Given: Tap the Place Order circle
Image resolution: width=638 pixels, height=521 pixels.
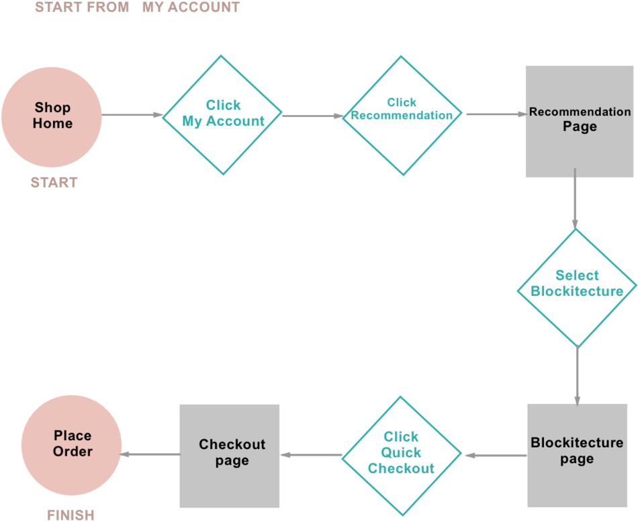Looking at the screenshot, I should pos(72,444).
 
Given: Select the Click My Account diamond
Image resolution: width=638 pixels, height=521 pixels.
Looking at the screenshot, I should pos(223,115).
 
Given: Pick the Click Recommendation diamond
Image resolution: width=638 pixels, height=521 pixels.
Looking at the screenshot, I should pos(402,114).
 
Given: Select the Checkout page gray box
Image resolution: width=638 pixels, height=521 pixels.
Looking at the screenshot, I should pos(230,455).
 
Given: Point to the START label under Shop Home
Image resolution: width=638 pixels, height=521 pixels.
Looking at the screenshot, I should pos(54,182).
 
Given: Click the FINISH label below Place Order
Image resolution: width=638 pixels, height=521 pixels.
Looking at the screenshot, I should pos(71,515).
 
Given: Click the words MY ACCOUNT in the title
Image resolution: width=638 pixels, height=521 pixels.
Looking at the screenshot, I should pos(191,8).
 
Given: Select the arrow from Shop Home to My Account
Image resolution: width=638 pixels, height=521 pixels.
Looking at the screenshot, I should pos(132,115).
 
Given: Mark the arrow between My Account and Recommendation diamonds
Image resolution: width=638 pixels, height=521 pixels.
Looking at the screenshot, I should pos(312,116).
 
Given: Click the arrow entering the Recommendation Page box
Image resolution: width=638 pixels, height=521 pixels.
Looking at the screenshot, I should pos(495,114).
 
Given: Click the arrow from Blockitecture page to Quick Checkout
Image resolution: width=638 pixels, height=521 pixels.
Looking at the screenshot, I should pos(495,455).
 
